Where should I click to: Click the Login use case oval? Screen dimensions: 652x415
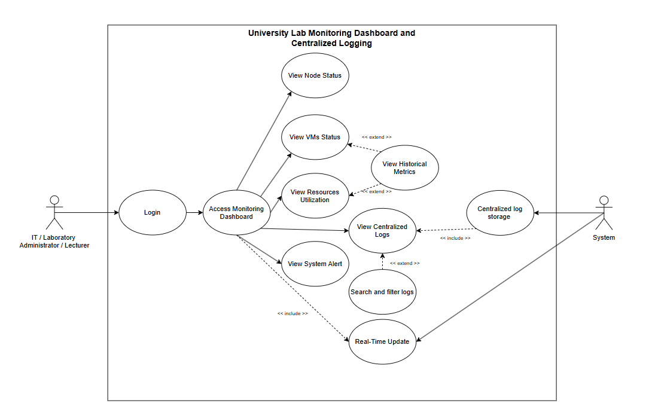pyautogui.click(x=153, y=212)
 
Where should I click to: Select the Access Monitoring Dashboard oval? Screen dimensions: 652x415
pyautogui.click(x=237, y=212)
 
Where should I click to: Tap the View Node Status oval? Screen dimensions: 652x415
pyautogui.click(x=315, y=75)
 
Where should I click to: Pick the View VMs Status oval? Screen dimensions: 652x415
pyautogui.click(x=315, y=137)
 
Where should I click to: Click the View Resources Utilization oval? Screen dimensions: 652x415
pyautogui.click(x=315, y=196)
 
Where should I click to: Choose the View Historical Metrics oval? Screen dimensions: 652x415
pyautogui.click(x=404, y=167)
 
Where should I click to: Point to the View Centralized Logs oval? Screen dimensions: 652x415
pyautogui.click(x=382, y=231)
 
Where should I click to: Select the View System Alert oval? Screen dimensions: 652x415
pyautogui.click(x=315, y=264)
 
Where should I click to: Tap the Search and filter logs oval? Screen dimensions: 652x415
pyautogui.click(x=382, y=292)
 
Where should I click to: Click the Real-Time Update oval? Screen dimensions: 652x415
pyautogui.click(x=382, y=342)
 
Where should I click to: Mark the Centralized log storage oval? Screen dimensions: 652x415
pyautogui.click(x=500, y=213)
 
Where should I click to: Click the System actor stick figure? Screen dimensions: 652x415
pyautogui.click(x=604, y=212)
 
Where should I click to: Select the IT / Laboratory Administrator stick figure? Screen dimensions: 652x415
pyautogui.click(x=54, y=212)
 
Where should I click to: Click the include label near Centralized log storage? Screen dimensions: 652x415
pyautogui.click(x=455, y=238)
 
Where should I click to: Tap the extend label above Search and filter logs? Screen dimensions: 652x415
pyautogui.click(x=404, y=263)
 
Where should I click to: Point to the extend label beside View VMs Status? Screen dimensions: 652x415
pyautogui.click(x=377, y=137)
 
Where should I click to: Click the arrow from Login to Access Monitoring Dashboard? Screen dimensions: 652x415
pyautogui.click(x=194, y=212)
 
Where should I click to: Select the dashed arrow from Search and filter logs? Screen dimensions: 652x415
pyautogui.click(x=383, y=261)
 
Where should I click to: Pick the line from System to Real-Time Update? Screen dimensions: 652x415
pyautogui.click(x=510, y=277)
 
